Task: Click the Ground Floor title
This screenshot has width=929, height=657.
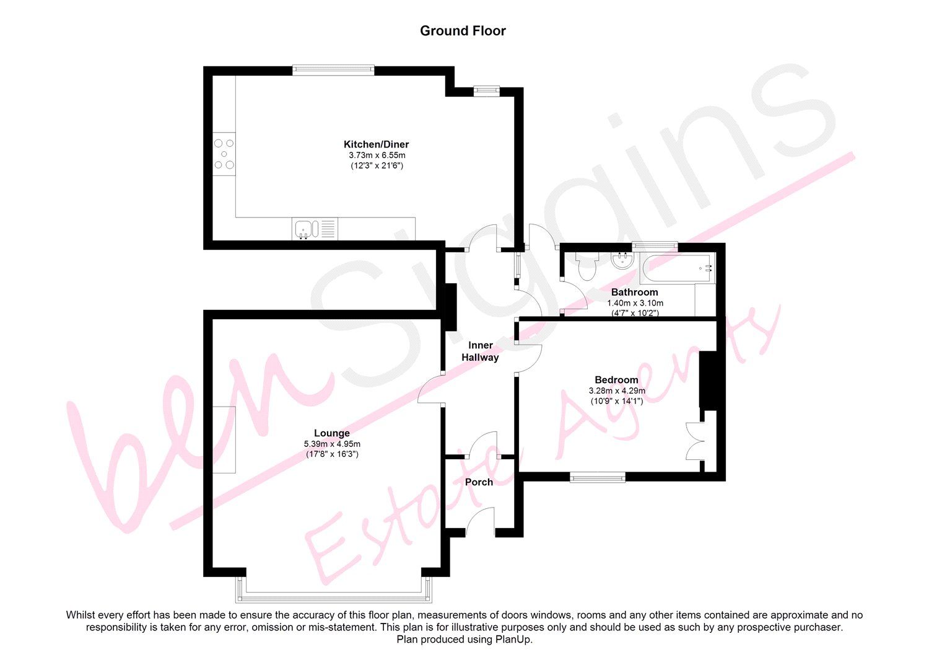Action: point(463,31)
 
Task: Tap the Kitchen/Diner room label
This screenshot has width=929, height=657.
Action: point(377,144)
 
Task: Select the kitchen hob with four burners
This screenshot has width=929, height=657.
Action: point(224,154)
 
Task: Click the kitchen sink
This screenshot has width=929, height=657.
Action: point(305,229)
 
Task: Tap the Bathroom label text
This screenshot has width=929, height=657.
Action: point(634,292)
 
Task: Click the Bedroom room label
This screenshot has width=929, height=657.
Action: point(616,380)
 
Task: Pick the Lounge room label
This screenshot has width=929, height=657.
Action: point(332,433)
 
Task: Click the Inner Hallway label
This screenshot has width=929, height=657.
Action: point(480,351)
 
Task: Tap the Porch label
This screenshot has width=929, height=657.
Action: point(479,482)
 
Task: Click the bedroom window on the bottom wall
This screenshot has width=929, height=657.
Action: point(598,477)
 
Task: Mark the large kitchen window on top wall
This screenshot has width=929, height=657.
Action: point(333,70)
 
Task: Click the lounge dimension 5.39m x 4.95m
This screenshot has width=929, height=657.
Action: point(332,444)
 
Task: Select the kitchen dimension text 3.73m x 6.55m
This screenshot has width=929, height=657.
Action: point(377,155)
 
